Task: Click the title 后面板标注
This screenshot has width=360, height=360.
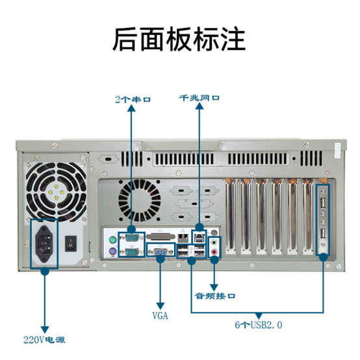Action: click(179, 39)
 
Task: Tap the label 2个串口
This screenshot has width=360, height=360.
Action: click(133, 99)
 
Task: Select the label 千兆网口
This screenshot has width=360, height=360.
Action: click(199, 98)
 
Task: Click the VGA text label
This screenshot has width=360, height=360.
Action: click(161, 316)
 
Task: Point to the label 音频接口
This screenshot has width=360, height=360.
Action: click(215, 296)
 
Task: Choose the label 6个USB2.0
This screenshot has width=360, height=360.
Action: click(259, 325)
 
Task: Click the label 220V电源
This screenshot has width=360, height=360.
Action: click(44, 340)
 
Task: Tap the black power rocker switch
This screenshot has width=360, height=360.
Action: click(71, 244)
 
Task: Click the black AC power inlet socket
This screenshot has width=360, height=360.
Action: click(44, 244)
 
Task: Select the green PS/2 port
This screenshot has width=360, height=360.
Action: click(112, 240)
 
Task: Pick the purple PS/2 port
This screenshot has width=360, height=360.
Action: click(112, 251)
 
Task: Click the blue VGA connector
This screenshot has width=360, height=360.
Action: click(161, 252)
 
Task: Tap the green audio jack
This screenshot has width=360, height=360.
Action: click(214, 242)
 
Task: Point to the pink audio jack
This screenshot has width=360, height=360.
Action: click(214, 252)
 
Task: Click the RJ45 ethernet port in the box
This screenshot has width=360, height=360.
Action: click(199, 238)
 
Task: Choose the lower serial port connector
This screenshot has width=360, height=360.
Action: click(132, 252)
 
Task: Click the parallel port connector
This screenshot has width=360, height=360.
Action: click(161, 237)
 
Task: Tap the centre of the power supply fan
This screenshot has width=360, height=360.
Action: click(57, 192)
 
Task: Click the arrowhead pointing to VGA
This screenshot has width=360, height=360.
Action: click(161, 306)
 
